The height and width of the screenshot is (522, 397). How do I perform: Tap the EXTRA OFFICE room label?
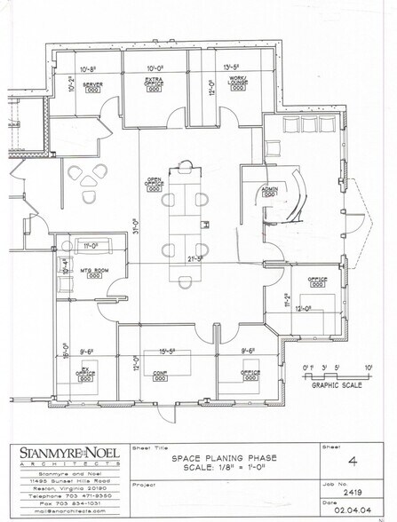[156, 83]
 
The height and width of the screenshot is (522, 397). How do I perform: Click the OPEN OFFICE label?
[154, 182]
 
